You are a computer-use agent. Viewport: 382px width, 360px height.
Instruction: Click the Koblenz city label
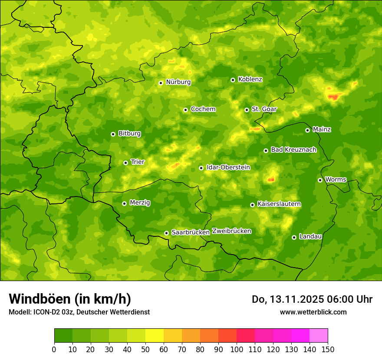pos(250,79)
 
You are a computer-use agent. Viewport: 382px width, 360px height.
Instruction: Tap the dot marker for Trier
pos(126,163)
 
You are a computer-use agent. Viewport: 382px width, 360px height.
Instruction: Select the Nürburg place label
pos(178,82)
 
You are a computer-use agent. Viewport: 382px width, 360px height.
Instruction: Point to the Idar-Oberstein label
pos(228,167)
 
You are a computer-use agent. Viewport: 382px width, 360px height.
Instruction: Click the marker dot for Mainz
pos(307,130)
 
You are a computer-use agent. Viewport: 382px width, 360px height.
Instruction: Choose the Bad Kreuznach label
pos(293,150)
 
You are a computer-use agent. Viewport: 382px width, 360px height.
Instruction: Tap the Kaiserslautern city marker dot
pos(252,205)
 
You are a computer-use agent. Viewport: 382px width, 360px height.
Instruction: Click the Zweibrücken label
pos(231,231)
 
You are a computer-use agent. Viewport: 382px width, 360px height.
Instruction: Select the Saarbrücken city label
pos(190,232)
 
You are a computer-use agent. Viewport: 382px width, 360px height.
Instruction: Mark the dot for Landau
pos(294,237)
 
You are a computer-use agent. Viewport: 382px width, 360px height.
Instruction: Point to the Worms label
pos(336,180)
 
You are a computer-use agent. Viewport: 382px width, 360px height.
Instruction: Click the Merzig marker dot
pos(124,203)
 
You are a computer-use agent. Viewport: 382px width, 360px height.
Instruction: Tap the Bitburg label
pos(129,134)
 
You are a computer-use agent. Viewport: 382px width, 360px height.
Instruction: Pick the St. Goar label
pos(264,109)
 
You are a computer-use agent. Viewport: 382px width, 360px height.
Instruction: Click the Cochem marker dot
pos(185,110)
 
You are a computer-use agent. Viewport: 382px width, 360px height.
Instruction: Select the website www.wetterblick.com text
pos(313,312)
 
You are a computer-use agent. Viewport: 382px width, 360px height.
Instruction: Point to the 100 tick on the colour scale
pos(237,349)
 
